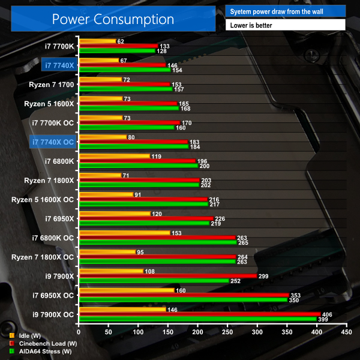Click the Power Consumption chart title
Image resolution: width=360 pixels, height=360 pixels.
(x=113, y=19)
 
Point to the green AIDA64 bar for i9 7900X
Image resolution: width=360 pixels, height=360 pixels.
(x=153, y=280)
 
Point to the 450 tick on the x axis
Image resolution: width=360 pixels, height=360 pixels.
(x=345, y=331)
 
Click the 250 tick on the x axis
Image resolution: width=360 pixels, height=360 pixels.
(x=227, y=331)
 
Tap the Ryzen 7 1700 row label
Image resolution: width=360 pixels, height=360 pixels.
(x=51, y=84)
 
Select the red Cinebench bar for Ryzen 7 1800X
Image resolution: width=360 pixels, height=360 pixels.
(x=139, y=180)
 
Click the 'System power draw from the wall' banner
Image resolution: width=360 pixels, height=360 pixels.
(x=286, y=11)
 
